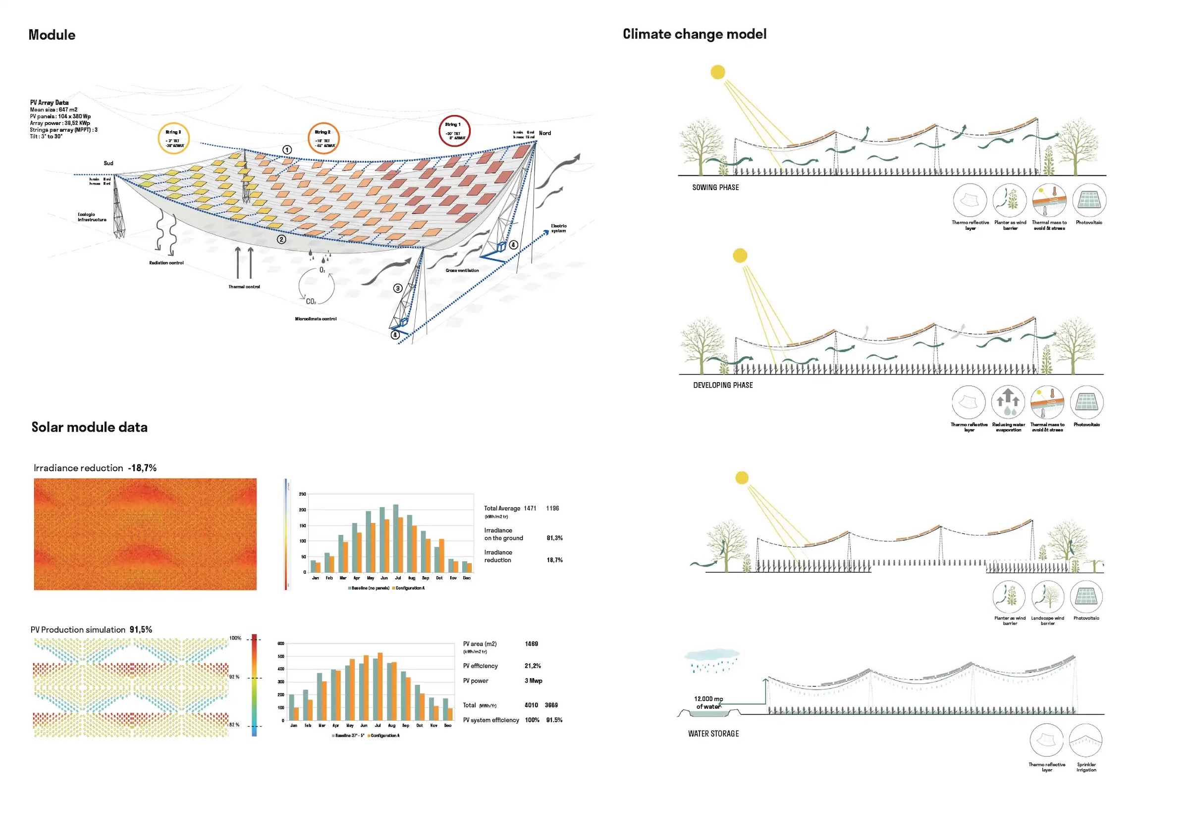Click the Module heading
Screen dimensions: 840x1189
52,35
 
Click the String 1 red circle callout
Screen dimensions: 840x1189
454,131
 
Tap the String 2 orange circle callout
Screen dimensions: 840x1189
323,138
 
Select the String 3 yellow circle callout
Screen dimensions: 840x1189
173,139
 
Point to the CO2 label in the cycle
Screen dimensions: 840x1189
311,302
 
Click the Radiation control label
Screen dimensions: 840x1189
166,263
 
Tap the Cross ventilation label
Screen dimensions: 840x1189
462,271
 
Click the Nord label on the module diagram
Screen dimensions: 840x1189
545,134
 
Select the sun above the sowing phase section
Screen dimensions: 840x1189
718,72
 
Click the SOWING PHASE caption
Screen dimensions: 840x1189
715,188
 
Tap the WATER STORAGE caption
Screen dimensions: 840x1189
713,734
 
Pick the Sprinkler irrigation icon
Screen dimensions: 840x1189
1085,740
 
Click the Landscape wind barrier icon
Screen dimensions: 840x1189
1048,597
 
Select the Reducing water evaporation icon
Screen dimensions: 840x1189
1008,402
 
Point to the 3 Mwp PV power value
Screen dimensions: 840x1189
534,681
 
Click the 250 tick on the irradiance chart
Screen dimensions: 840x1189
302,494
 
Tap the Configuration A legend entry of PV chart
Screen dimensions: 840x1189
384,736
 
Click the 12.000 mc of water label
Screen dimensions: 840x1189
708,703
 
